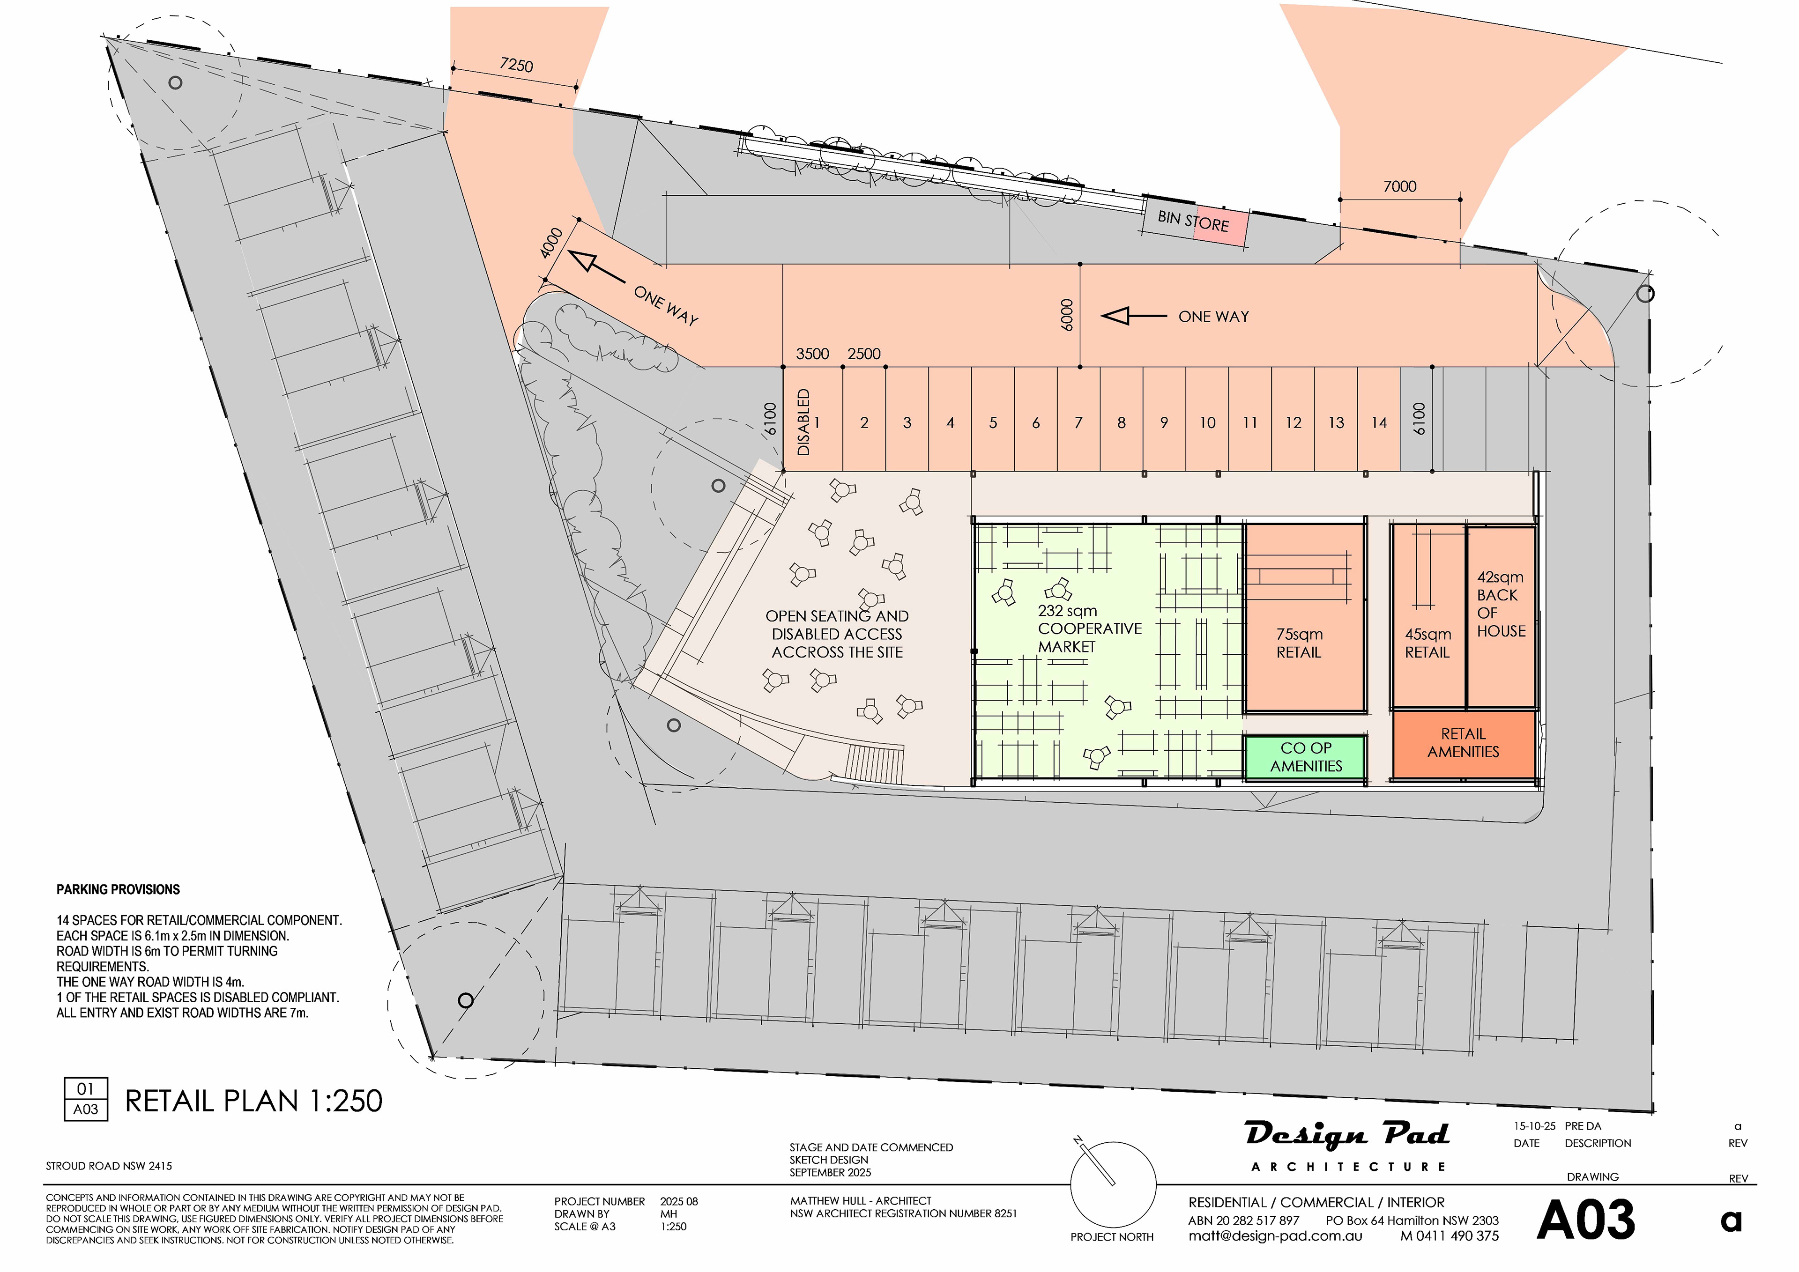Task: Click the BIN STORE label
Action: [x=1193, y=221]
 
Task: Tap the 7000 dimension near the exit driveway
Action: [x=1399, y=186]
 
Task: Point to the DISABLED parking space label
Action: [x=803, y=422]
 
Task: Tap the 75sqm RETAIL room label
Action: [x=1299, y=643]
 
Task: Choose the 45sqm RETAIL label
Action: [x=1427, y=643]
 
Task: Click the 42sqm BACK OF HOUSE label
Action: [x=1501, y=604]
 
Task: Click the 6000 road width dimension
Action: [x=1066, y=315]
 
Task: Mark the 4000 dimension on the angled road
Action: [x=551, y=242]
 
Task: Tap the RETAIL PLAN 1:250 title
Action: [x=254, y=1101]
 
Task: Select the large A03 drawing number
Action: [x=1587, y=1220]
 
